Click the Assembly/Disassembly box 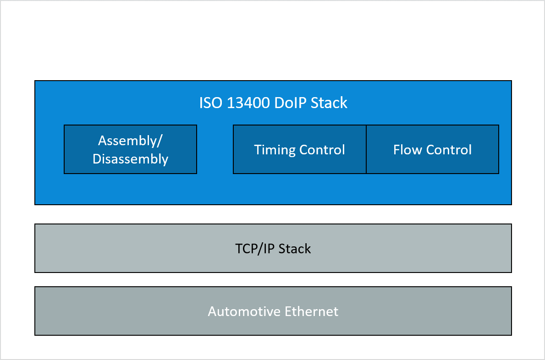click(130, 149)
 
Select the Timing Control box click(299, 149)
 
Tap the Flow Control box click(432, 149)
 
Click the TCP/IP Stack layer click(273, 248)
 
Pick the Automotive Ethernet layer click(273, 311)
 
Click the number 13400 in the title click(248, 103)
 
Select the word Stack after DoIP click(329, 103)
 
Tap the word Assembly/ click(130, 141)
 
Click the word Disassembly click(130, 159)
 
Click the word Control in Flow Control click(449, 150)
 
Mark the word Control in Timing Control click(322, 150)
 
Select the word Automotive click(244, 311)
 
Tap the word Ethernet click(311, 311)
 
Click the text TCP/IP click(255, 249)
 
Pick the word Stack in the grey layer click(295, 249)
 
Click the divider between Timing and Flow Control click(366, 149)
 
